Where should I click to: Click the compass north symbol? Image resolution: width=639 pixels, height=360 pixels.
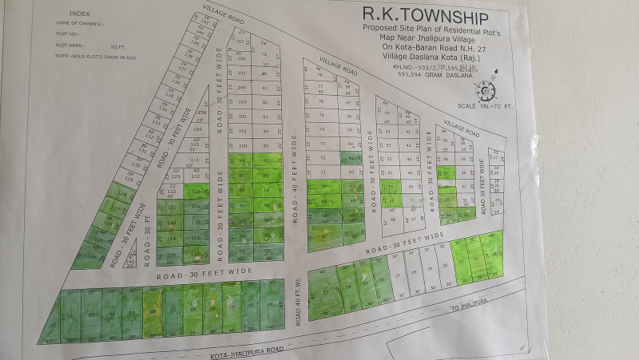486,89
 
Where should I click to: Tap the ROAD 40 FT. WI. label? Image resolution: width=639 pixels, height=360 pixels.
297,308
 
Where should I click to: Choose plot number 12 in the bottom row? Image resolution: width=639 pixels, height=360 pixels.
272,305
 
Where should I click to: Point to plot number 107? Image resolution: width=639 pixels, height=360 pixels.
240,41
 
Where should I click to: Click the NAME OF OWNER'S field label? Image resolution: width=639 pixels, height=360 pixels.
78,25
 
